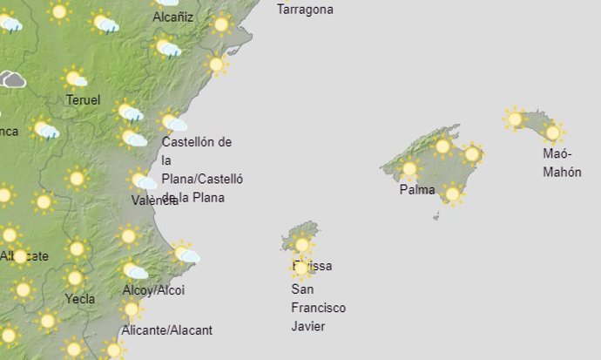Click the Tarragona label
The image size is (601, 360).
[305, 10]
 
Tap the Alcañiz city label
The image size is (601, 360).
[173, 17]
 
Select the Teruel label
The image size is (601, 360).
[84, 99]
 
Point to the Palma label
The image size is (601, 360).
[416, 189]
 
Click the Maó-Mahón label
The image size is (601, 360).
[562, 163]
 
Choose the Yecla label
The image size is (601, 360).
[80, 299]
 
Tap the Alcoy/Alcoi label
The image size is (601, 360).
[153, 290]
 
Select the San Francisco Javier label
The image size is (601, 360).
[318, 308]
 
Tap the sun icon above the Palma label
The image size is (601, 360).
[409, 169]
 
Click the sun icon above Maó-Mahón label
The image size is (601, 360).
[551, 132]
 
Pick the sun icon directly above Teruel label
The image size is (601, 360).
[74, 78]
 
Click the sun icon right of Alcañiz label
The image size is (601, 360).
[220, 24]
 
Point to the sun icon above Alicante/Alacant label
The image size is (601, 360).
[132, 309]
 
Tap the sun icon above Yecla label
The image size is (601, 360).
[75, 278]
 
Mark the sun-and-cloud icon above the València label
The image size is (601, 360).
[142, 181]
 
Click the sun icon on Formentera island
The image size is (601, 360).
[301, 268]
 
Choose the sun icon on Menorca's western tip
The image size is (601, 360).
[515, 119]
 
